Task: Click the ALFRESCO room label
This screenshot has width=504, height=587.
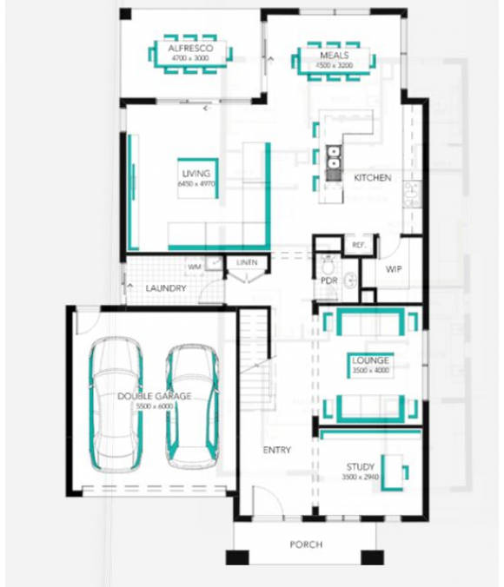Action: click(191, 49)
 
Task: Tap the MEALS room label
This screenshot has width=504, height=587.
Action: click(335, 55)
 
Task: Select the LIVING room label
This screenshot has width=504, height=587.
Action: click(196, 174)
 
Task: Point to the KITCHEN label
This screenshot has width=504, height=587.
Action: click(372, 178)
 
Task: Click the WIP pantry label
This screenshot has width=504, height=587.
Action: click(394, 269)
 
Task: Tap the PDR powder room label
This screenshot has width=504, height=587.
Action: click(328, 280)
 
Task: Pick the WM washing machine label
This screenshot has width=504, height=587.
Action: click(194, 266)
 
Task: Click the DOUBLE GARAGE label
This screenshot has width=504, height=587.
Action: click(154, 396)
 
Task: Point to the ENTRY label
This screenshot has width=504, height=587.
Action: click(277, 450)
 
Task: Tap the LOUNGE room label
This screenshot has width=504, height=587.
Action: click(370, 359)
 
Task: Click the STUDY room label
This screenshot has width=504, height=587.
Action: click(360, 467)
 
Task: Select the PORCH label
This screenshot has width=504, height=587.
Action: click(307, 544)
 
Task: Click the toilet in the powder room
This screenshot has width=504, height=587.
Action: click(328, 265)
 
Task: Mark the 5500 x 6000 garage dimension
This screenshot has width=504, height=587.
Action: click(154, 406)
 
